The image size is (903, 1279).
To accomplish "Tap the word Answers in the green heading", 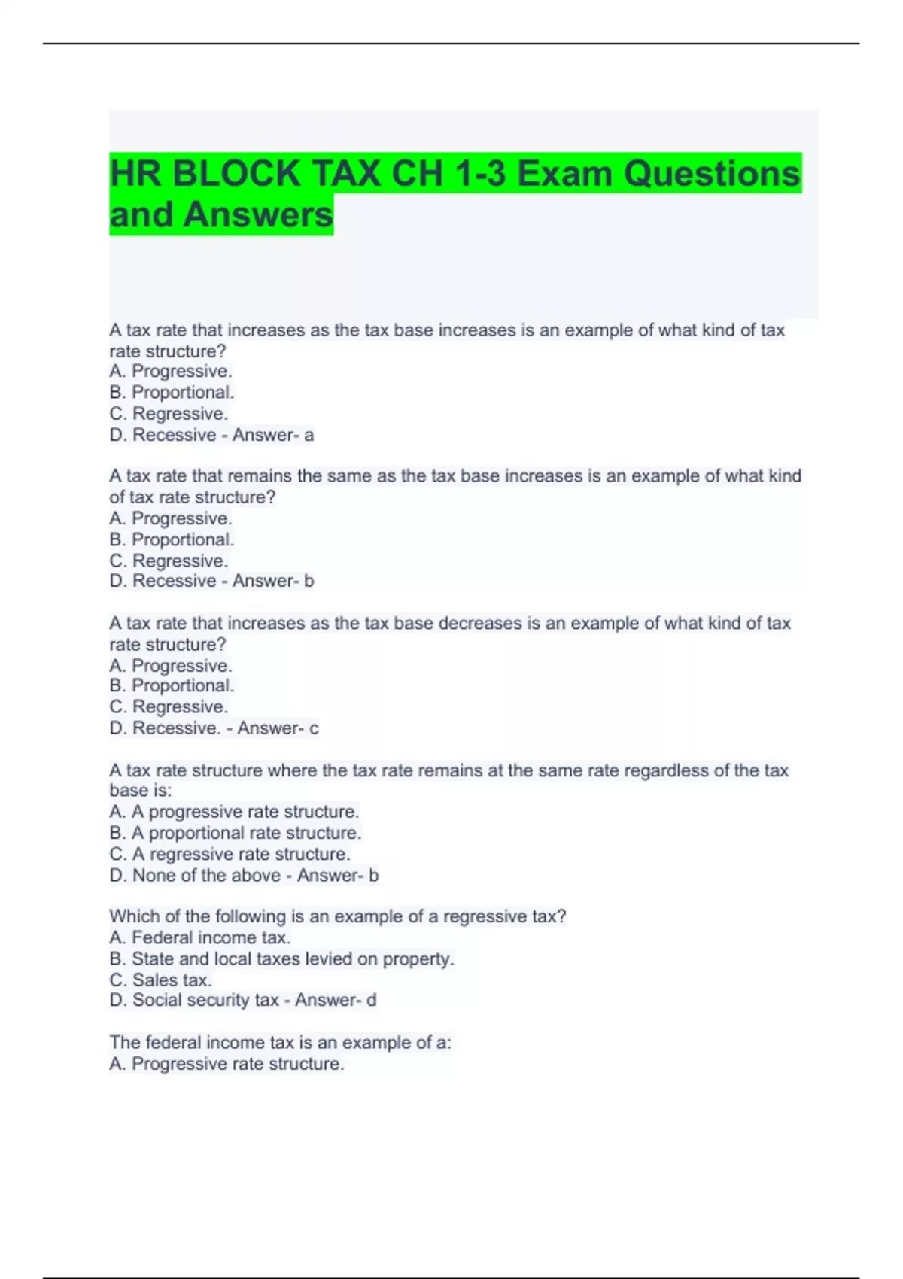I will coord(257,214).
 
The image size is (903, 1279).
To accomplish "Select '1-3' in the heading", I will coord(479,174).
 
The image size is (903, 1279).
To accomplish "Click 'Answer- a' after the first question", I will coord(273,435).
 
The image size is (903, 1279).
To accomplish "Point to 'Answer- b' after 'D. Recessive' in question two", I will coord(273,581).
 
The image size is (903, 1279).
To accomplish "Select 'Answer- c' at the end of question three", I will coord(278,728).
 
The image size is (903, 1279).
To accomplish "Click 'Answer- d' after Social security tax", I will coord(336,1000).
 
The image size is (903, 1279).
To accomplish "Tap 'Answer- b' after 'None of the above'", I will coord(338,875).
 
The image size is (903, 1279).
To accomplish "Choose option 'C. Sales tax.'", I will coord(160,980).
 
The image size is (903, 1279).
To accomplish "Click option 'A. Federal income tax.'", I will coord(199,937).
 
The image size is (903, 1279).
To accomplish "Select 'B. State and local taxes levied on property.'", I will coord(281,958).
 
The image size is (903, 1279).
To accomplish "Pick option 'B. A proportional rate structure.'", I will coord(235,833).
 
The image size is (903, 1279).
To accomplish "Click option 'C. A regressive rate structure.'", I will coord(230,854).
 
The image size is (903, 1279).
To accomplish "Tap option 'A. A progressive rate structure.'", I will coord(234,812).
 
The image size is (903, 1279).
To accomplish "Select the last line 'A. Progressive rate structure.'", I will coord(227,1064).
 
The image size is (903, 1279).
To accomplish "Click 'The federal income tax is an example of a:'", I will coord(280,1042).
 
